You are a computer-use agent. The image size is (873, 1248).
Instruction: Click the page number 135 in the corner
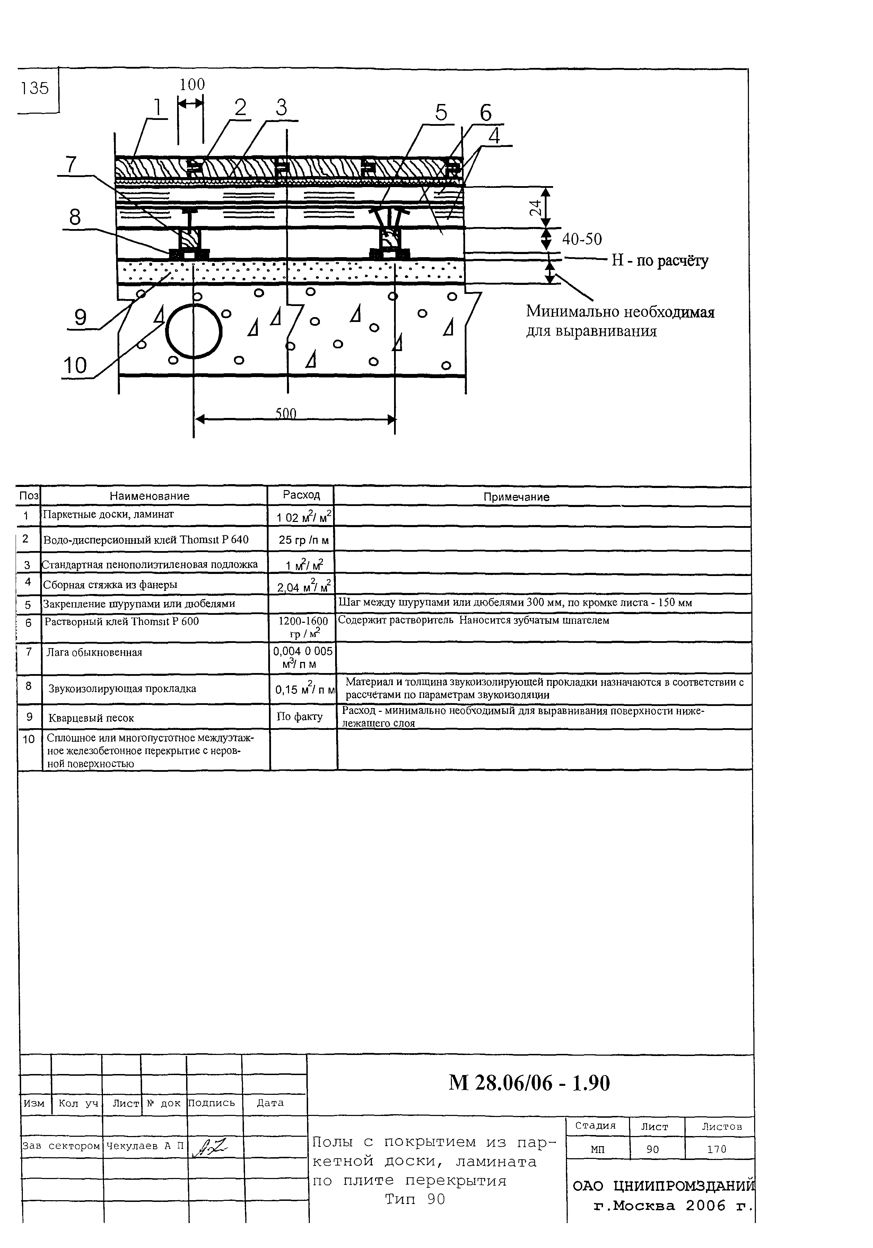35,88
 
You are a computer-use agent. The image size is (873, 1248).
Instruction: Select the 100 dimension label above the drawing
192,84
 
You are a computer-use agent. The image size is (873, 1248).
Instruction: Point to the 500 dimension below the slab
285,414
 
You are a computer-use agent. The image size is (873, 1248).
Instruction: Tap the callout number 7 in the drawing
71,164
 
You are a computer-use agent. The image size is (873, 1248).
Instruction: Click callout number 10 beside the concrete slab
75,365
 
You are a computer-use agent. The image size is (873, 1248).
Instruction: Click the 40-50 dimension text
582,239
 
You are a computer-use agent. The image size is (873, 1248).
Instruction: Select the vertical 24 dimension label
535,207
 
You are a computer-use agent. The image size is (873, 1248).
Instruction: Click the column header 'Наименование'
149,496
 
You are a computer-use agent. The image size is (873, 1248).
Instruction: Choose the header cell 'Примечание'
516,497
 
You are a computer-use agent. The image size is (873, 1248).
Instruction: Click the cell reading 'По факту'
299,716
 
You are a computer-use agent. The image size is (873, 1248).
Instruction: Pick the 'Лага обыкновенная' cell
94,652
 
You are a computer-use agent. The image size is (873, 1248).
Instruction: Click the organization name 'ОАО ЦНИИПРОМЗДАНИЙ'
663,1186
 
